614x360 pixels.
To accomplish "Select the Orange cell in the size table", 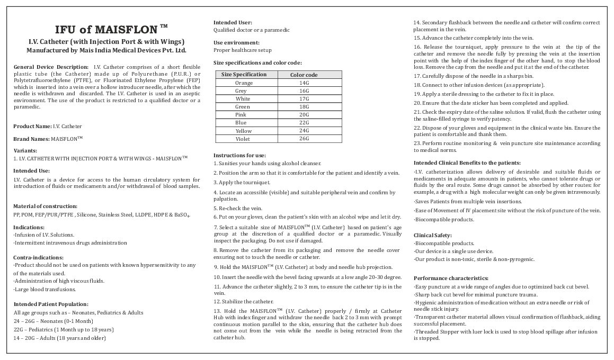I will [244, 83].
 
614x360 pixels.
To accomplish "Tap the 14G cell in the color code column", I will [304, 83].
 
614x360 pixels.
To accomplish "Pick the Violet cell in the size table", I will [244, 139].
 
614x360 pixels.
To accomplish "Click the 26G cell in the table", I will [304, 139].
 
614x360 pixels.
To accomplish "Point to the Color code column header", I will [304, 75].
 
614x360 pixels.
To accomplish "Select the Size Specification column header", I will [244, 75].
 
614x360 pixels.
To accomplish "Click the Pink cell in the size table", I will [241, 115].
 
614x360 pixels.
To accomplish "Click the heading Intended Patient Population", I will [50, 304].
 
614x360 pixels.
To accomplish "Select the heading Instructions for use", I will [239, 155].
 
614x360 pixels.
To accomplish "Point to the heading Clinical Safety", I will [433, 235].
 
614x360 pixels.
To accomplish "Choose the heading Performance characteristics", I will [451, 278].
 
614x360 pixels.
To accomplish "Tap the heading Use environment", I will [236, 42].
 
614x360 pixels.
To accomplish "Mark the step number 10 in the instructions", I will [217, 277].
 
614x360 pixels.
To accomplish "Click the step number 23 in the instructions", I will [417, 143].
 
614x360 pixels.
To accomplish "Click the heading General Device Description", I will [50, 67].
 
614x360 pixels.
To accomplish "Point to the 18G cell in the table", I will [304, 107].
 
